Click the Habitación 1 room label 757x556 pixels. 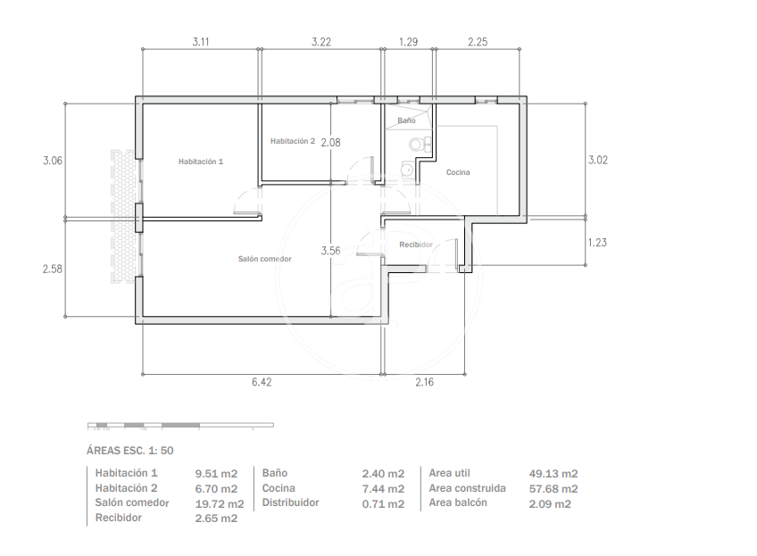click(201, 162)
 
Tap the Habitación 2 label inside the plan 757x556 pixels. click(293, 141)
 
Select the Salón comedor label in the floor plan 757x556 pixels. click(264, 259)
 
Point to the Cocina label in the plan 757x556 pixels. click(458, 172)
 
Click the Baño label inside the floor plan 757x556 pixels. click(406, 120)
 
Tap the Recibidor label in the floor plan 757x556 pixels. click(416, 245)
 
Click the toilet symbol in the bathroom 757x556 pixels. click(418, 144)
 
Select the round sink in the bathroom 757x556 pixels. click(407, 170)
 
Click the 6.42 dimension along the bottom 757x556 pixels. click(262, 382)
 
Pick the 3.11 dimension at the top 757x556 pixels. click(201, 42)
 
